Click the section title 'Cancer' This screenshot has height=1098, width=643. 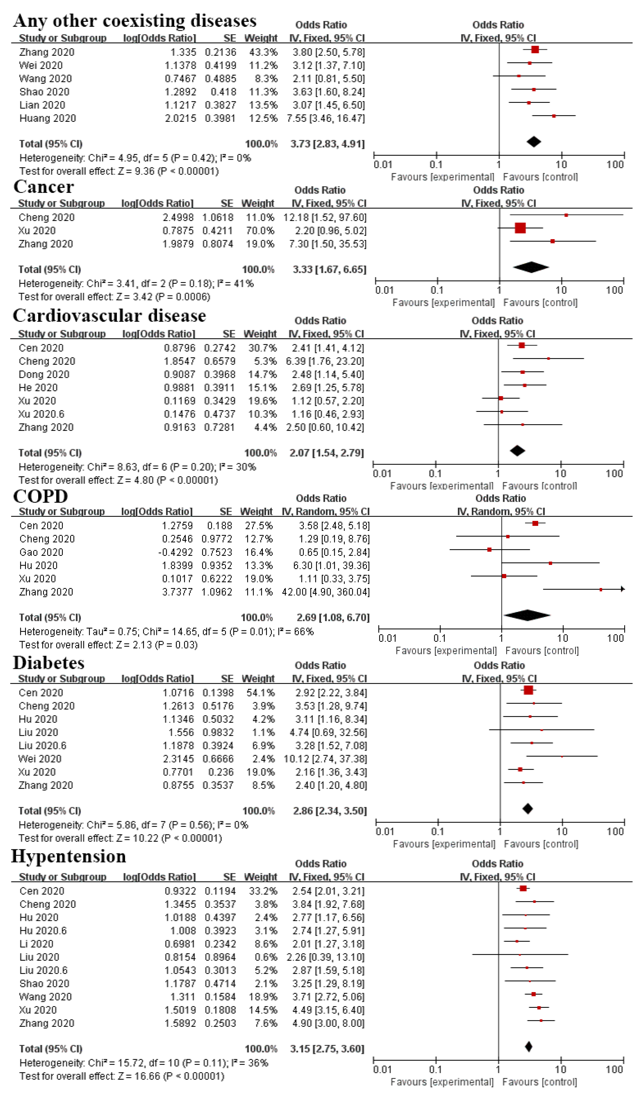(x=43, y=187)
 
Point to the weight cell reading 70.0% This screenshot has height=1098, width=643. (x=260, y=231)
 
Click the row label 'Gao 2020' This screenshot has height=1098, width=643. (x=41, y=553)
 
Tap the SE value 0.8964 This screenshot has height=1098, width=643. (x=220, y=957)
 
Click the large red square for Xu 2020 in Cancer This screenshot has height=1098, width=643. (x=520, y=228)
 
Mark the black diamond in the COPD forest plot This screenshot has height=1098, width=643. (x=527, y=615)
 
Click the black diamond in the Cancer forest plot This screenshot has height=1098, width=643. (x=531, y=267)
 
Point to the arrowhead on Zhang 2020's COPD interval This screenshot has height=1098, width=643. (x=623, y=589)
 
